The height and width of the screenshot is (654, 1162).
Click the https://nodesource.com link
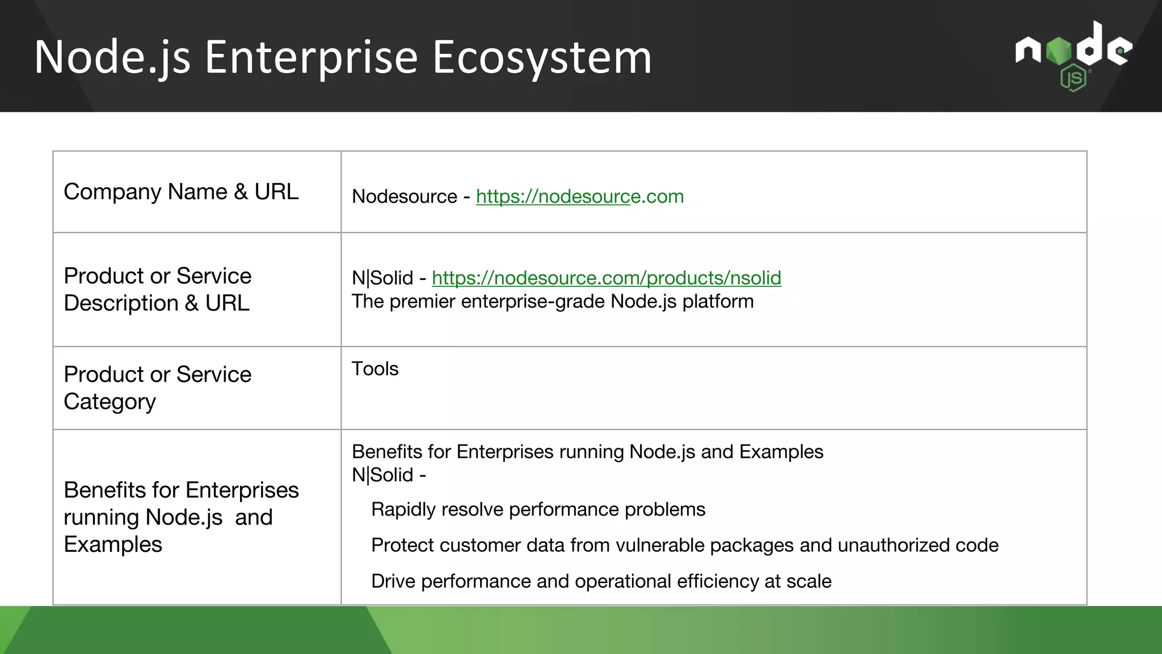tap(579, 196)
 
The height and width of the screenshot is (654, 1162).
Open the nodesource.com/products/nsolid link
tap(606, 278)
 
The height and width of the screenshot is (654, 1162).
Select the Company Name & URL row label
tap(180, 192)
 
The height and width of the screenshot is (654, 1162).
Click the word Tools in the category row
tap(374, 369)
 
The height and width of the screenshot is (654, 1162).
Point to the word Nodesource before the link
tap(404, 196)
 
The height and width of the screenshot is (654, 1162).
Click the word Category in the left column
tap(110, 402)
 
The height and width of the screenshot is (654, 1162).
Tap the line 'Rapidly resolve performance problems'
tap(537, 510)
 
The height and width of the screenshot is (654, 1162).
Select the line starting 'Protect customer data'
tap(684, 546)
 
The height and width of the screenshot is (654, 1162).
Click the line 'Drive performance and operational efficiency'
tap(601, 581)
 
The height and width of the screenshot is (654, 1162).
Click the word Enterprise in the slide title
tap(311, 57)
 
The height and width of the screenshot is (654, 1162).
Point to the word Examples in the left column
tap(113, 544)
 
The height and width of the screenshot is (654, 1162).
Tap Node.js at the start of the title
tap(112, 57)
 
